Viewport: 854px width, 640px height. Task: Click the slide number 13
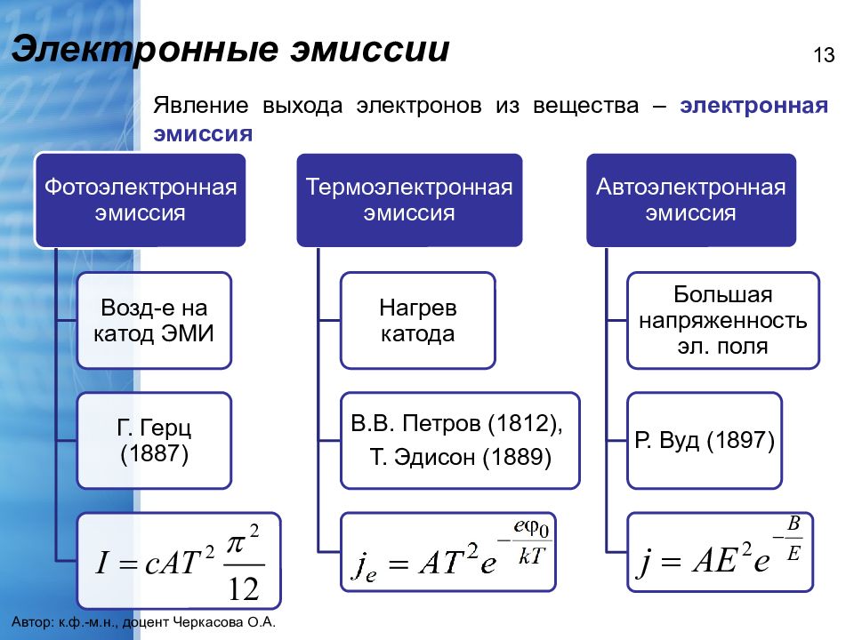coord(824,55)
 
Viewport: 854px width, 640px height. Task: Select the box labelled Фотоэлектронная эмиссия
coord(141,200)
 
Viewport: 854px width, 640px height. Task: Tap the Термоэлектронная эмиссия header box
coord(409,200)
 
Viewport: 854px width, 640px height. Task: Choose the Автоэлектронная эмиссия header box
coord(691,200)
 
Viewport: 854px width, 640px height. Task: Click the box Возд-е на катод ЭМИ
coord(154,321)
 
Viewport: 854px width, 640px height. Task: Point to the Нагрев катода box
coord(418,321)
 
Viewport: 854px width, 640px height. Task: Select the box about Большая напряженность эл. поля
coord(722,321)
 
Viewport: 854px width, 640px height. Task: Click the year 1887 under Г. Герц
coord(154,453)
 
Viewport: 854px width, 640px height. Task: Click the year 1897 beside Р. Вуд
coord(739,440)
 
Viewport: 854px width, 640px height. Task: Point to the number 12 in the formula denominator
coord(244,588)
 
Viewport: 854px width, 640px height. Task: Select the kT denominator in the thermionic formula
coord(531,556)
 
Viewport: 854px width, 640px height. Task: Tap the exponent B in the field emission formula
coord(794,524)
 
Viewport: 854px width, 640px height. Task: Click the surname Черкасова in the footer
coord(208,622)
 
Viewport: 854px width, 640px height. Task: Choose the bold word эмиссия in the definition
coord(203,134)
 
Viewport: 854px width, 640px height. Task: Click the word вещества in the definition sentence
coord(585,106)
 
